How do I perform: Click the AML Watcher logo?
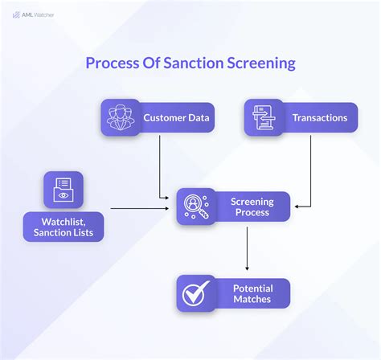33,14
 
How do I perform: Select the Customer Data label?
176,118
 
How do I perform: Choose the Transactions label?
319,118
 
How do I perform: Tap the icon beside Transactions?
262,118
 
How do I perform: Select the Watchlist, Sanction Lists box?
63,227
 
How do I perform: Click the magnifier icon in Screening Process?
195,207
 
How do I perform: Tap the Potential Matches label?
252,294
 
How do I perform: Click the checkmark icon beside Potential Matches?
195,294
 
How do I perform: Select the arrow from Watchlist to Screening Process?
141,209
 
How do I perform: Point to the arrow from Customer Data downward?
160,165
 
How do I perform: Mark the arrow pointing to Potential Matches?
247,249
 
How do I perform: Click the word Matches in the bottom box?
252,301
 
